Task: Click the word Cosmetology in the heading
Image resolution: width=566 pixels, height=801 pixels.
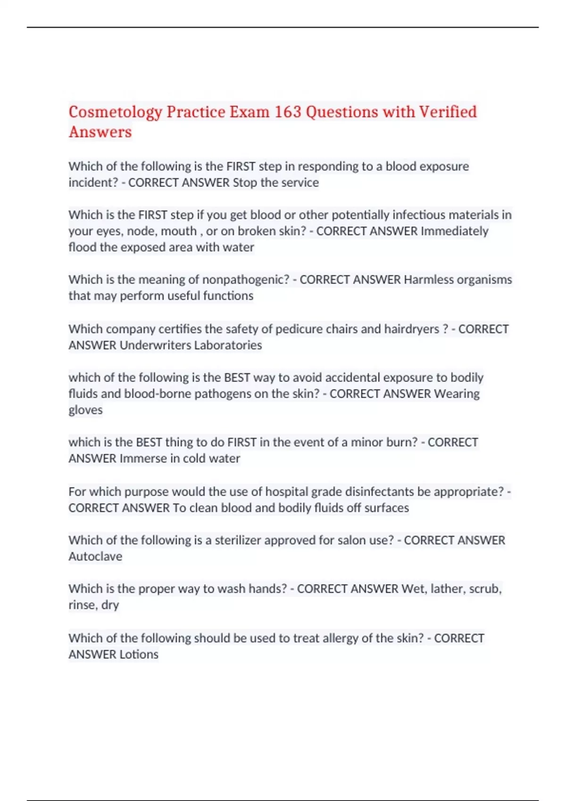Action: tap(115, 112)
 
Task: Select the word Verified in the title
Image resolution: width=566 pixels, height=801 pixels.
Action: tap(448, 112)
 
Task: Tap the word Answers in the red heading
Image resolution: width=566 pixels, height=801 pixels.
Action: tap(100, 132)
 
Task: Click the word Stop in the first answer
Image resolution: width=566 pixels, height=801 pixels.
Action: tap(245, 183)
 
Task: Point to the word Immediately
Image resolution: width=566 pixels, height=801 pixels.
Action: tap(454, 231)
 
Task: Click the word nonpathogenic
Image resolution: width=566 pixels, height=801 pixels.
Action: tap(245, 280)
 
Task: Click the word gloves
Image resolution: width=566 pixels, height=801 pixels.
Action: tap(85, 410)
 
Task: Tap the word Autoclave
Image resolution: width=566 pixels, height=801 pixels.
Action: tap(95, 557)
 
